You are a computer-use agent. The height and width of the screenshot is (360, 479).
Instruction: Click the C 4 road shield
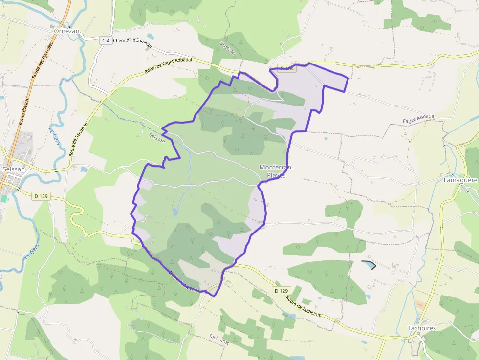tap(105, 41)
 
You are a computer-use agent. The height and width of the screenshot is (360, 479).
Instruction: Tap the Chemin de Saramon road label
tap(133, 43)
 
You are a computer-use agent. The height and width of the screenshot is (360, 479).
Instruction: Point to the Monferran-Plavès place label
tap(276, 171)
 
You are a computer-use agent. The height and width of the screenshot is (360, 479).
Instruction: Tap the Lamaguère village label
tap(460, 180)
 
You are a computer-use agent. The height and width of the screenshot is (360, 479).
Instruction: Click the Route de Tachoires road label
tap(304, 307)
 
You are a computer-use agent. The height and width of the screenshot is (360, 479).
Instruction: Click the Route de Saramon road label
tap(78, 139)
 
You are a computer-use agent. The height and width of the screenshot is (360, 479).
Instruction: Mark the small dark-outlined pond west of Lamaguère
tap(369, 265)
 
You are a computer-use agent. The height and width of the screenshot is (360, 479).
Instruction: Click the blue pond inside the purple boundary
tap(175, 212)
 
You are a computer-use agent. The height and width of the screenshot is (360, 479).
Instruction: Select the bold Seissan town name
tap(14, 169)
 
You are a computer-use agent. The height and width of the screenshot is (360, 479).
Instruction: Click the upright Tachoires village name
tap(422, 328)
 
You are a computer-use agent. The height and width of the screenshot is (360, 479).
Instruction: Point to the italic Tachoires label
tap(219, 339)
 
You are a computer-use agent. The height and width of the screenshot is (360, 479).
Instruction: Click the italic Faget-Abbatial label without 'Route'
tap(419, 118)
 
